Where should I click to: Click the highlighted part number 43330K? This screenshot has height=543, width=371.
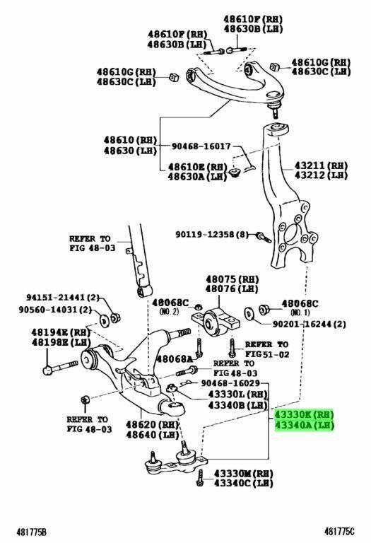coord(294,414)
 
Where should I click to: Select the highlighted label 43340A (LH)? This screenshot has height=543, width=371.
coord(304,425)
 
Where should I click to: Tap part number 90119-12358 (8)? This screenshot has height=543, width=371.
coord(212,235)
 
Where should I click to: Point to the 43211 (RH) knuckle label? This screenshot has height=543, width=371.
coord(321,165)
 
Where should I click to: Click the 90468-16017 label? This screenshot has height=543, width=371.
coord(201,146)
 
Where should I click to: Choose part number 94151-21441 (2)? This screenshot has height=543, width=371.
coord(63,298)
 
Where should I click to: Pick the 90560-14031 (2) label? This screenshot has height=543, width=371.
coord(55,309)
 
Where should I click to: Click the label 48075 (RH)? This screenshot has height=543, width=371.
coord(232,279)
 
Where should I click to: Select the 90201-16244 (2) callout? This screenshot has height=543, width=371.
coord(310,324)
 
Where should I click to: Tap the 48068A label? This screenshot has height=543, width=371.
coord(175,358)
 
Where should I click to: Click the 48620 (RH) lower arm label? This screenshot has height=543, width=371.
coord(152,424)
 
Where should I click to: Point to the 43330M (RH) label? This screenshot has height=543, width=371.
coord(243,473)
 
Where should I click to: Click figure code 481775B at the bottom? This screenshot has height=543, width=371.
coord(31,532)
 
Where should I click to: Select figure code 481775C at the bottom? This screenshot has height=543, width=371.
coord(339,531)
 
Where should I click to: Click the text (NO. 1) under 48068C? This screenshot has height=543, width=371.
coord(300,313)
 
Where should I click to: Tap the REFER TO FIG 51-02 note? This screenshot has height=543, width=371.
coord(266,349)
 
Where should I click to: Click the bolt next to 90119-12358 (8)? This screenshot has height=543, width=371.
coord(264,238)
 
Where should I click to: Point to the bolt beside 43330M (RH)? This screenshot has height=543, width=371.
coord(200,478)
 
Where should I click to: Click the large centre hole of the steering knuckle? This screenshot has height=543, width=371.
coord(291,235)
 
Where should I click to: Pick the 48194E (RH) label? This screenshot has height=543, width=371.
coord(61,332)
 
